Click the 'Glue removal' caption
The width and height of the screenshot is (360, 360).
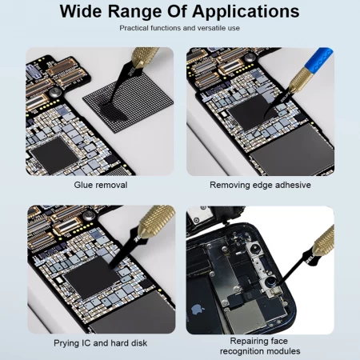pos(100,185)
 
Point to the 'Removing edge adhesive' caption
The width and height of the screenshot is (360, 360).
pos(260,185)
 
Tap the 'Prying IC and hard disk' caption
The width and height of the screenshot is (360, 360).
pos(100,343)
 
